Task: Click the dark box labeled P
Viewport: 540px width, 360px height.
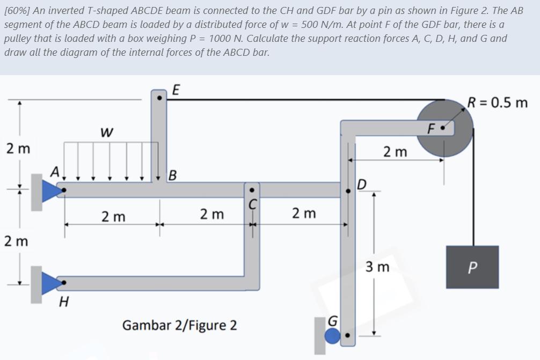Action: tap(473, 267)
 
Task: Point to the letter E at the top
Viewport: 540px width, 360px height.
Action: tap(175, 90)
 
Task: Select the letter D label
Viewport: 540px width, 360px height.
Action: tap(362, 185)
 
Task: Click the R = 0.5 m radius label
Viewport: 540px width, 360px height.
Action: tap(497, 102)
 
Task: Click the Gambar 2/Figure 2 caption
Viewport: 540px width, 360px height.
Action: tap(180, 325)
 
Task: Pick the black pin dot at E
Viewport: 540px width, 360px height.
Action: tap(159, 99)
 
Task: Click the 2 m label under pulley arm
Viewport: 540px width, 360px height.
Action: tap(396, 152)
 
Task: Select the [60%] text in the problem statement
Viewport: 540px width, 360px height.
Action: tap(17, 10)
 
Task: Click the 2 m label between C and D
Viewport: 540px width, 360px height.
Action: tap(304, 214)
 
